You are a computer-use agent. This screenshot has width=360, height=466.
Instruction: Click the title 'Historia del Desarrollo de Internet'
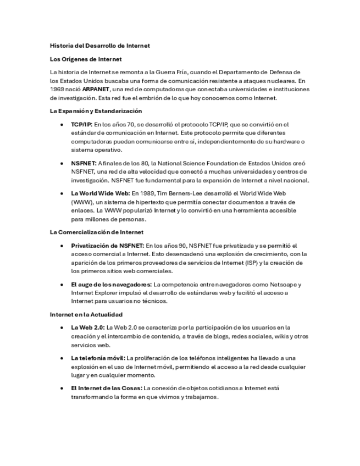point(99,46)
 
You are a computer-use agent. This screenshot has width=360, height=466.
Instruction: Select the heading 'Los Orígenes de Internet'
point(86,59)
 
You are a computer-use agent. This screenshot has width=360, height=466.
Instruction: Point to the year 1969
point(57,89)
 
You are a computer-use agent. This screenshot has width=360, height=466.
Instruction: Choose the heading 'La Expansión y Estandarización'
point(96,111)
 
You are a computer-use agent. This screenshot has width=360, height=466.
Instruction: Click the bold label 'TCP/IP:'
point(81,125)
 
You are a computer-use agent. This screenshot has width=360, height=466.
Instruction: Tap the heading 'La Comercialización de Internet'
point(97,232)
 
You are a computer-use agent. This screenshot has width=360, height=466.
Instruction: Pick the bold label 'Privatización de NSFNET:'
point(107,246)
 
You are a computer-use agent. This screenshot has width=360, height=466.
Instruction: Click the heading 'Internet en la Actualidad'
point(86,314)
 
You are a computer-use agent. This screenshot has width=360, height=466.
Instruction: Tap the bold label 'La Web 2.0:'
point(87,328)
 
